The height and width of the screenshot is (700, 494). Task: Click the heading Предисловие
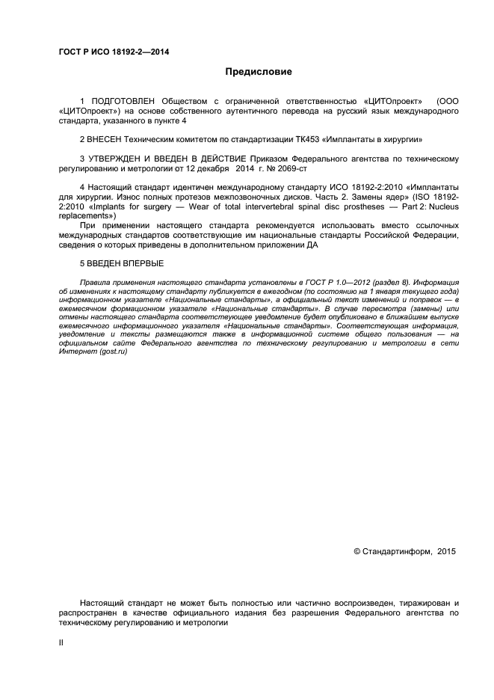click(x=259, y=72)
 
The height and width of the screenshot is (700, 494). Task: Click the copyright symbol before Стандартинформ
click(x=356, y=551)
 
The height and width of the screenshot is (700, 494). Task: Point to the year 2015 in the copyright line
click(x=446, y=551)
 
